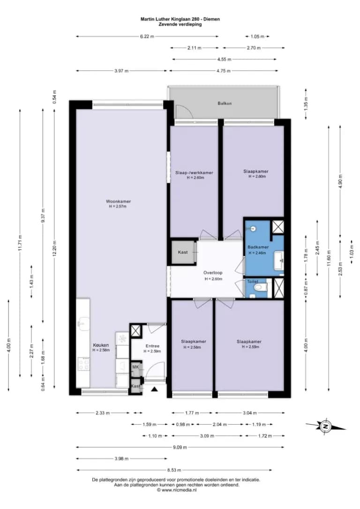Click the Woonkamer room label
[x=118, y=201]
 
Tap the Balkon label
[x=225, y=103]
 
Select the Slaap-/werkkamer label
[x=194, y=172]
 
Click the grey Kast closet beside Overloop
[x=184, y=252]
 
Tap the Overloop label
[x=213, y=273]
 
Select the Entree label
[x=152, y=346]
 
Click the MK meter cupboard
[x=135, y=367]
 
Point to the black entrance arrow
[x=155, y=389]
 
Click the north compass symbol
[x=325, y=426]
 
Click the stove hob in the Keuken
[x=83, y=364]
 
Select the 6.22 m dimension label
[x=147, y=37]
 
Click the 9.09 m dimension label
[x=180, y=447]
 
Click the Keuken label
[x=101, y=345]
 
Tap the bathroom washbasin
[x=279, y=260]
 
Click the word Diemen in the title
[x=212, y=19]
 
